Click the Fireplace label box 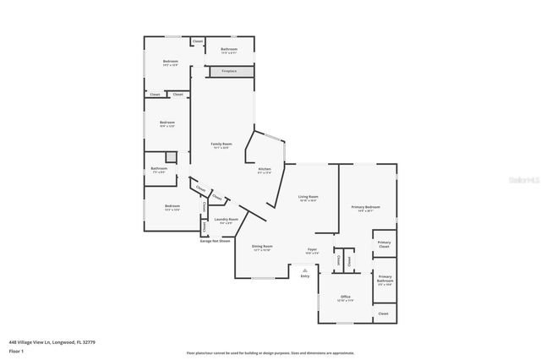pyautogui.click(x=229, y=72)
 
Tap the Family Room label pyautogui.click(x=221, y=146)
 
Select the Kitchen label pyautogui.click(x=265, y=171)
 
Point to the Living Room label pyautogui.click(x=308, y=199)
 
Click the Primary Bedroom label pyautogui.click(x=366, y=209)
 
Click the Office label pyautogui.click(x=345, y=298)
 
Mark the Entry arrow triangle pyautogui.click(x=304, y=268)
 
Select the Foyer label pyautogui.click(x=312, y=251)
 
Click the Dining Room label pyautogui.click(x=262, y=248)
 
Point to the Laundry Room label pyautogui.click(x=226, y=221)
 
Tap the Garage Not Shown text pyautogui.click(x=215, y=241)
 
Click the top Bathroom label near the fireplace pyautogui.click(x=229, y=50)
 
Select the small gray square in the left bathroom pyautogui.click(x=171, y=157)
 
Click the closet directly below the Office pyautogui.click(x=383, y=314)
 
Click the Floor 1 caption pyautogui.click(x=16, y=351)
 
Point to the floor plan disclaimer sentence pyautogui.click(x=270, y=353)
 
